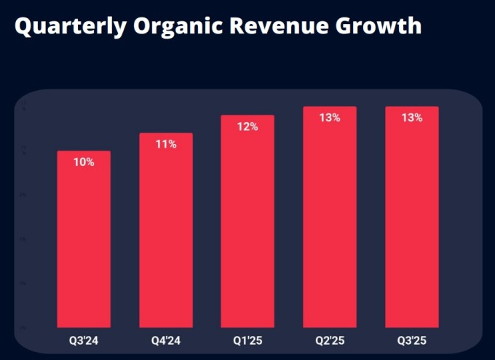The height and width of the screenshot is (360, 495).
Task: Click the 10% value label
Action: (84, 162)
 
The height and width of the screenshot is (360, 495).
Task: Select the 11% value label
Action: (166, 144)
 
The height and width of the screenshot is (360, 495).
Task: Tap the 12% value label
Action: (247, 127)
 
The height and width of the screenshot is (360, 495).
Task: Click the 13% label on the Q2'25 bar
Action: (330, 117)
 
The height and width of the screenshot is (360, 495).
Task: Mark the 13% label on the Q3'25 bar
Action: (411, 117)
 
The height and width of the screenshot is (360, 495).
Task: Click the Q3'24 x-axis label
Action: (84, 340)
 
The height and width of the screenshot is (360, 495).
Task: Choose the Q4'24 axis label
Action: (166, 340)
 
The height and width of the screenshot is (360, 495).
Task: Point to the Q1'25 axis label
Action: (247, 340)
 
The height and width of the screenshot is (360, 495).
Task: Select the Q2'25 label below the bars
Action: (330, 340)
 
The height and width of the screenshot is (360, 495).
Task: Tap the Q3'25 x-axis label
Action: (411, 340)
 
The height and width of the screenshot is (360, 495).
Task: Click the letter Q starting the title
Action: (24, 26)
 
